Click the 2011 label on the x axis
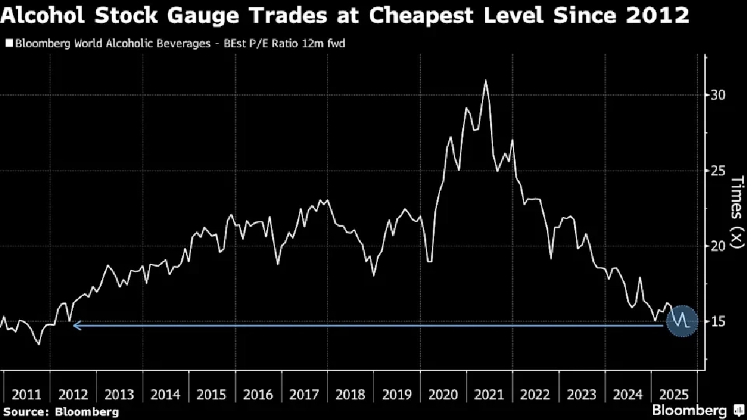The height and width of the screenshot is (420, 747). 27,394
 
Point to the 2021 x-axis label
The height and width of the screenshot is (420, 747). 490,394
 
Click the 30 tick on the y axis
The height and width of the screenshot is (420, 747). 718,95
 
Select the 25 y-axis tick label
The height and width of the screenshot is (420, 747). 718,170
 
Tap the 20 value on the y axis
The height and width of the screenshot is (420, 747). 718,246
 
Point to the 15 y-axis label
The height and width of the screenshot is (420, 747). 718,321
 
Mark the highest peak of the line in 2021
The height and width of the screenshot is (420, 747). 486,80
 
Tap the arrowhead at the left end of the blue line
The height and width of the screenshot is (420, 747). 75,325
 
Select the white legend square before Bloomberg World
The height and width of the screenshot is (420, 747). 9,44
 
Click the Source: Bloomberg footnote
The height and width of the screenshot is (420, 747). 60,411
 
